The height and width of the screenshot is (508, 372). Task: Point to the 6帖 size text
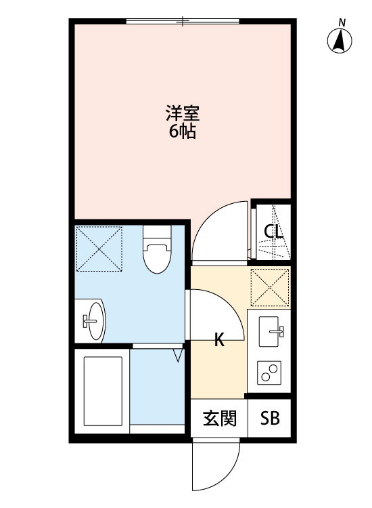point(183,131)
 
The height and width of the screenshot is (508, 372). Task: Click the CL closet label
point(273,232)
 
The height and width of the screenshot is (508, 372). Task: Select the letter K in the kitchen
point(219,341)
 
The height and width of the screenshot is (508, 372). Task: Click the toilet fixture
point(157,250)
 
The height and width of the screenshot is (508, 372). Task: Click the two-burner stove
point(270,372)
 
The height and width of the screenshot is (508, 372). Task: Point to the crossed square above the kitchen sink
point(270,287)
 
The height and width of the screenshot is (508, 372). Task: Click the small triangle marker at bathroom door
point(179,355)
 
